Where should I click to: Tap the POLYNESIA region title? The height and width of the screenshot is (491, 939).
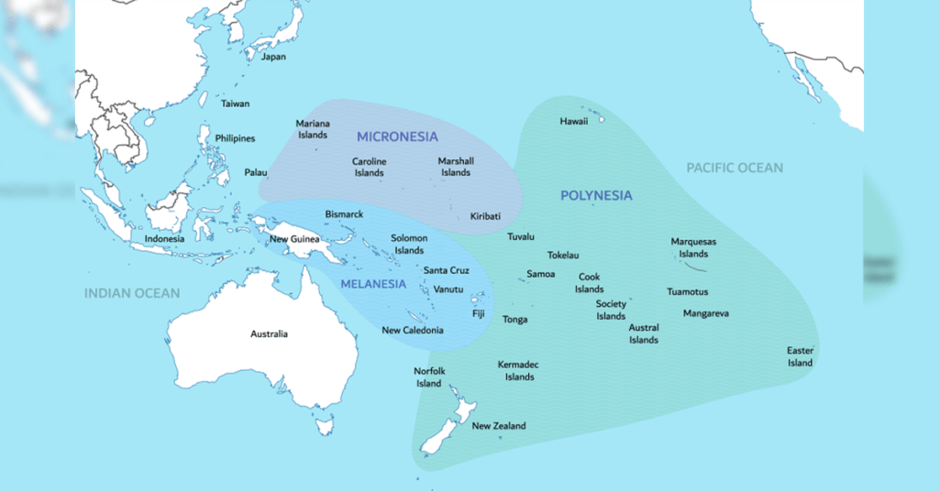pyautogui.click(x=596, y=196)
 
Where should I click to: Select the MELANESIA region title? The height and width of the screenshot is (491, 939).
pyautogui.click(x=373, y=284)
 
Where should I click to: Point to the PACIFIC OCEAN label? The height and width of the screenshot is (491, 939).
pyautogui.click(x=735, y=168)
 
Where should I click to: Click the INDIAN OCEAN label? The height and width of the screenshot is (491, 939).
pyautogui.click(x=132, y=293)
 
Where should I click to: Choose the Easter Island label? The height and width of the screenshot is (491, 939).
pyautogui.click(x=800, y=356)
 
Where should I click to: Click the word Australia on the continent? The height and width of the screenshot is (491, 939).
pyautogui.click(x=269, y=333)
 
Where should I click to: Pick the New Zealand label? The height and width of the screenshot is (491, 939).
pyautogui.click(x=499, y=426)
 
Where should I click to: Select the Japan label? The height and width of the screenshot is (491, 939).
pyautogui.click(x=273, y=57)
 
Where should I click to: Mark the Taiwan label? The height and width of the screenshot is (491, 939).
pyautogui.click(x=235, y=104)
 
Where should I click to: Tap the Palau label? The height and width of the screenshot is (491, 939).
pyautogui.click(x=256, y=172)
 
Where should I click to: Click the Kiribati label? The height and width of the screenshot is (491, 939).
pyautogui.click(x=485, y=216)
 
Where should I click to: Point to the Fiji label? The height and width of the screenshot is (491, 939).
pyautogui.click(x=478, y=313)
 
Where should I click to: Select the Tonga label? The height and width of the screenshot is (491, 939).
pyautogui.click(x=514, y=320)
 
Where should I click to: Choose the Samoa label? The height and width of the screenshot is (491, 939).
pyautogui.click(x=540, y=274)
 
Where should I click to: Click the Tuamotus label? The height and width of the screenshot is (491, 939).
pyautogui.click(x=687, y=292)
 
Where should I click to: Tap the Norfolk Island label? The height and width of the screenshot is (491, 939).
pyautogui.click(x=429, y=377)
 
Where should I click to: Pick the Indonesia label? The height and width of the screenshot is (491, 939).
pyautogui.click(x=164, y=239)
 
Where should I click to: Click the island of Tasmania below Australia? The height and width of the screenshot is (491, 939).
pyautogui.click(x=324, y=426)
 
